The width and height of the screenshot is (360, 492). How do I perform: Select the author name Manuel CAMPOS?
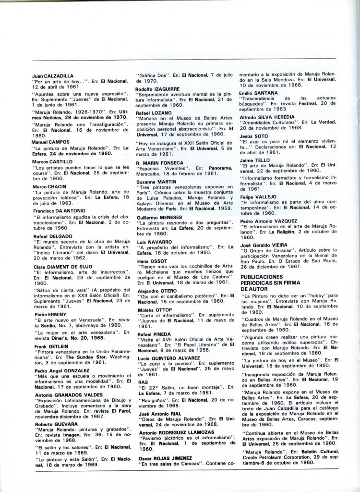tap(48, 142)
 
